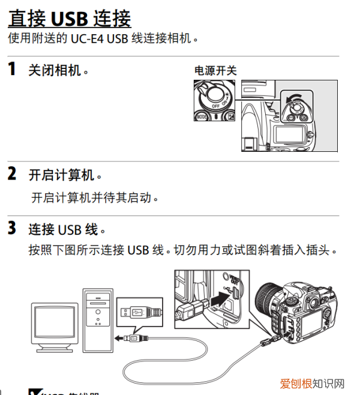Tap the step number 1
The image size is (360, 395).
11,69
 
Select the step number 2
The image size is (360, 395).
11,175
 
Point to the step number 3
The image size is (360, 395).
11,229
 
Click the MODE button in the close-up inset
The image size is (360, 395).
202,116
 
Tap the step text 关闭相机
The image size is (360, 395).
59,70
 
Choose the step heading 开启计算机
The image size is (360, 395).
65,175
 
